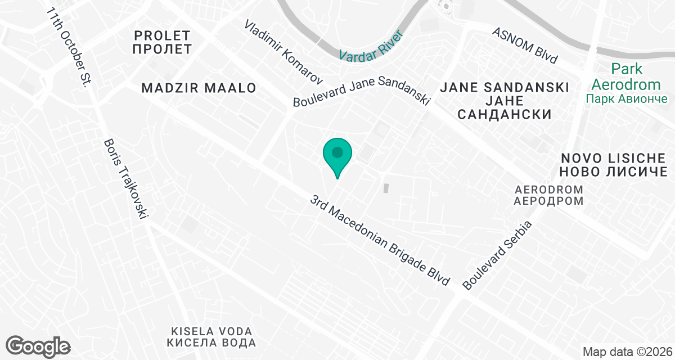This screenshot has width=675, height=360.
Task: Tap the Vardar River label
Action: pyautogui.click(x=371, y=44)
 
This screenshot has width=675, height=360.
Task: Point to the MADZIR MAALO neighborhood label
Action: pyautogui.click(x=199, y=88)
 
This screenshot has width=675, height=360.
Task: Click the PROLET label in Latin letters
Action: pyautogui.click(x=162, y=34)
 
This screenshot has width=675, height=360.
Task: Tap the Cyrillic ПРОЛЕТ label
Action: pyautogui.click(x=162, y=49)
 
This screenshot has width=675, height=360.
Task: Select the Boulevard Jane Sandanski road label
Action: pyautogui.click(x=361, y=92)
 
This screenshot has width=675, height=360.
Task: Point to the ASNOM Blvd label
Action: pyautogui.click(x=525, y=44)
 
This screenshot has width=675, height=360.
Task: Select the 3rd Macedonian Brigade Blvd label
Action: pyautogui.click(x=381, y=240)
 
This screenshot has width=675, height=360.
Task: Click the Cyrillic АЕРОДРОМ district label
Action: pyautogui.click(x=548, y=201)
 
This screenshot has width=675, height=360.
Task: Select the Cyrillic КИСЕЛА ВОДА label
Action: pyautogui.click(x=211, y=343)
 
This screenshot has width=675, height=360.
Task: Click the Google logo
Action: pyautogui.click(x=38, y=345)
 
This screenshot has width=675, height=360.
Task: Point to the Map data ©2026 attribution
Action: pyautogui.click(x=627, y=352)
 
